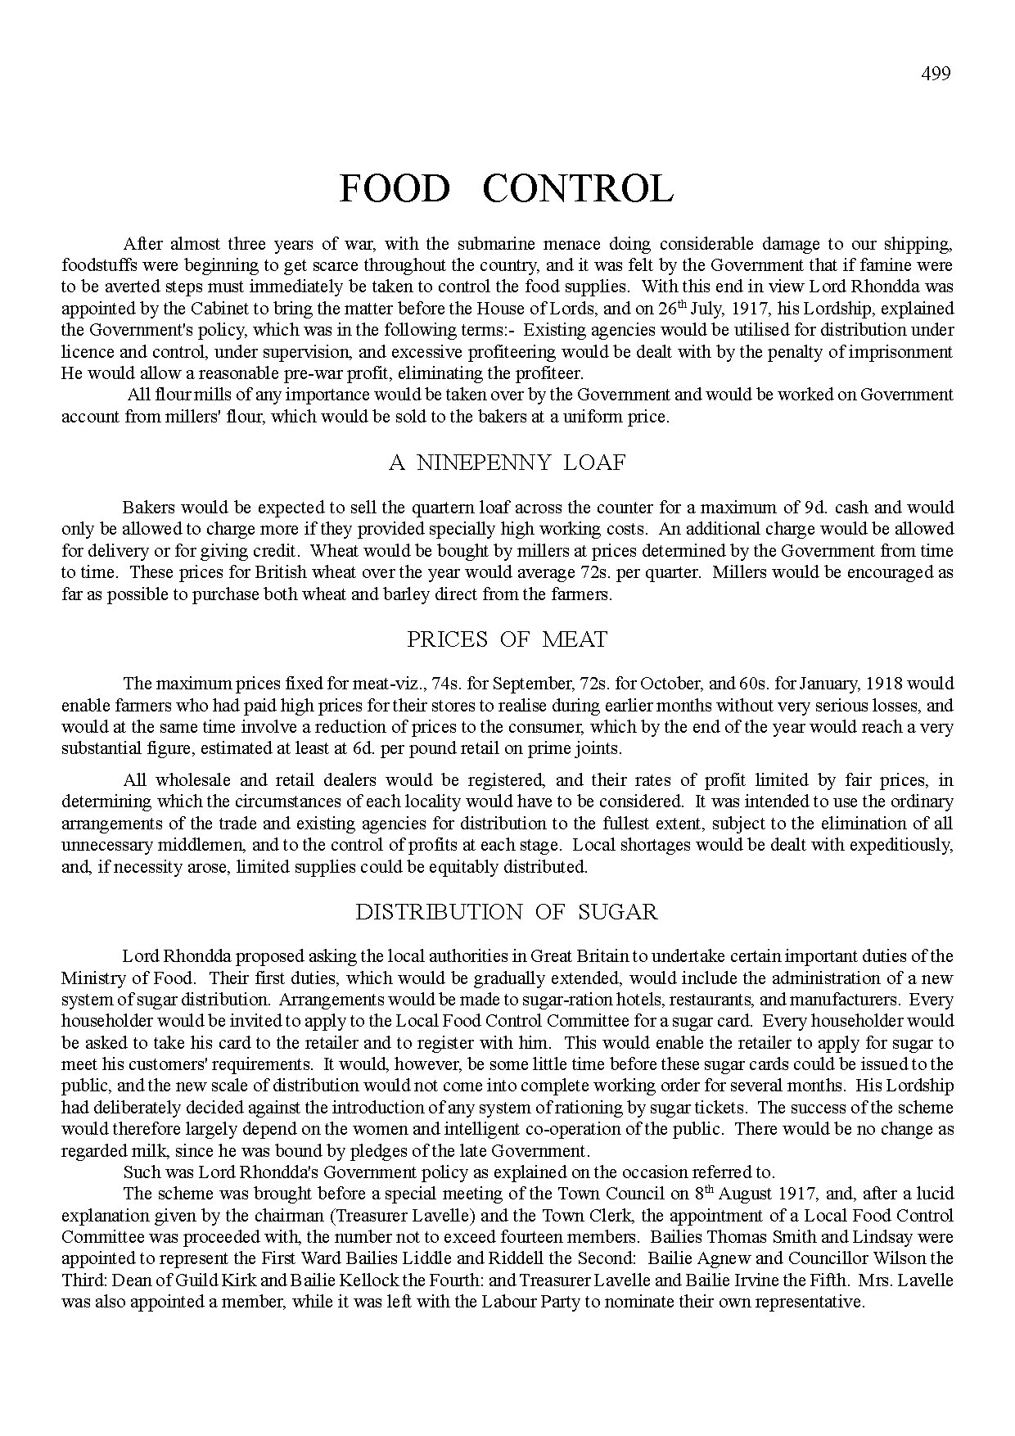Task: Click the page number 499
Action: point(936,74)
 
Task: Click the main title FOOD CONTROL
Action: point(506,189)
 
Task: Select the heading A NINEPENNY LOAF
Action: point(507,463)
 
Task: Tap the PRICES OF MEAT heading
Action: point(507,639)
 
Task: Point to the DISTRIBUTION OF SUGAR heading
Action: point(506,912)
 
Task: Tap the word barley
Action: point(405,594)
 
